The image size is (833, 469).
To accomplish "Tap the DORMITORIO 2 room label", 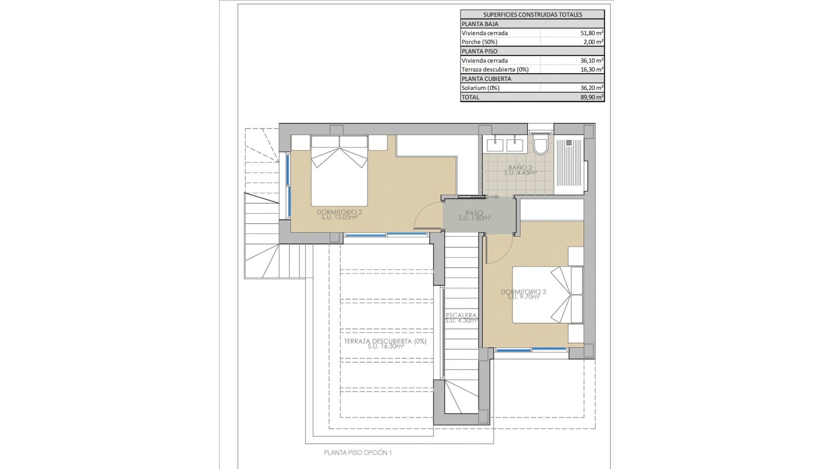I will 339,212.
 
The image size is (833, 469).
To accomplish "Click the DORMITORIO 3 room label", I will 523,292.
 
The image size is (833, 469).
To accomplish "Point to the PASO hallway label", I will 474,213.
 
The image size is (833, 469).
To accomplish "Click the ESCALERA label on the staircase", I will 461,315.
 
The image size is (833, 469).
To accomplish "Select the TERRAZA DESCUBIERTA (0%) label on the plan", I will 385,341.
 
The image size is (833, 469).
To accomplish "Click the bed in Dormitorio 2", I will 339,172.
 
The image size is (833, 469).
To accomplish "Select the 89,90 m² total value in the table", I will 592,97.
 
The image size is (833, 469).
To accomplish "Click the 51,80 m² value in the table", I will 592,33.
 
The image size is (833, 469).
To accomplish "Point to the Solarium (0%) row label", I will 480,88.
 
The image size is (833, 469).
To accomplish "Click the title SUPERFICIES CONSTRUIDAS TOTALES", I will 532,14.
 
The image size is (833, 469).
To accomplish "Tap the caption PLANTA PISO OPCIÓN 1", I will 357,452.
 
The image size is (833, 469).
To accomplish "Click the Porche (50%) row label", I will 479,42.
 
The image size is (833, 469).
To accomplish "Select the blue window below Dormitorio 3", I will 531,350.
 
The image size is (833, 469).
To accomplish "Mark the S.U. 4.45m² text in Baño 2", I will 521,173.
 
